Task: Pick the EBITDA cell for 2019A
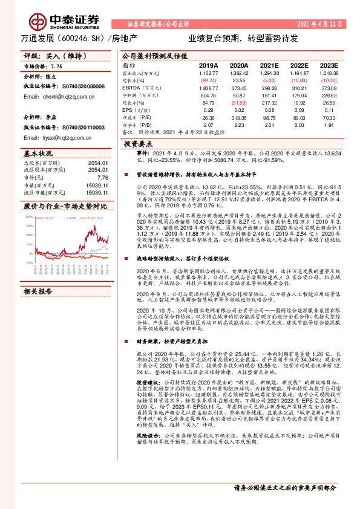tap(208, 88)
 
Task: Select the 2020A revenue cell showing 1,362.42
tap(239, 73)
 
